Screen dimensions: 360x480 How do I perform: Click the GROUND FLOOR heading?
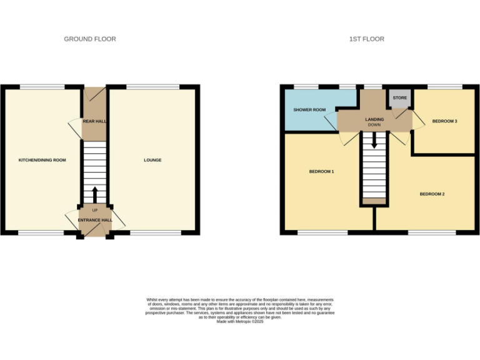pos(90,39)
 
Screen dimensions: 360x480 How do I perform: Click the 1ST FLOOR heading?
pos(366,39)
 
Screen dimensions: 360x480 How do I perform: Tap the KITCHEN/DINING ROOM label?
pos(42,160)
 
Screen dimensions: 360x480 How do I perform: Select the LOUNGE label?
pos(152,160)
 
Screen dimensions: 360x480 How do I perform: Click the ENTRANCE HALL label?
pos(95,220)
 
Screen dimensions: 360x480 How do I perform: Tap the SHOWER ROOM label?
pos(310,110)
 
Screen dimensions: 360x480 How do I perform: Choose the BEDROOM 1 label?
pos(321,171)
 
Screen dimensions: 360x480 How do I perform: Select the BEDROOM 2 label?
pos(432,194)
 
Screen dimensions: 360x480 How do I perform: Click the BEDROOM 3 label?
pos(445,121)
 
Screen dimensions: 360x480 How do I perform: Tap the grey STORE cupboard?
pos(400,99)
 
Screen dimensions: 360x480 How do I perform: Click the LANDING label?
pos(374,119)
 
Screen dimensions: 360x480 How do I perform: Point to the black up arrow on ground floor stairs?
pos(95,192)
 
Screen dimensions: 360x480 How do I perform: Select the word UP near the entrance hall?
pos(95,210)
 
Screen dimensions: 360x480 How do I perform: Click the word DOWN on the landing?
pos(374,125)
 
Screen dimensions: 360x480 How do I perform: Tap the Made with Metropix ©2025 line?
pos(240,321)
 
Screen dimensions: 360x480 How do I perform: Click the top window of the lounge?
pos(152,86)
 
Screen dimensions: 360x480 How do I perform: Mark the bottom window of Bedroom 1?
pos(322,233)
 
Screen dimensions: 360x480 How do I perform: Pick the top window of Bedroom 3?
pos(445,86)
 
